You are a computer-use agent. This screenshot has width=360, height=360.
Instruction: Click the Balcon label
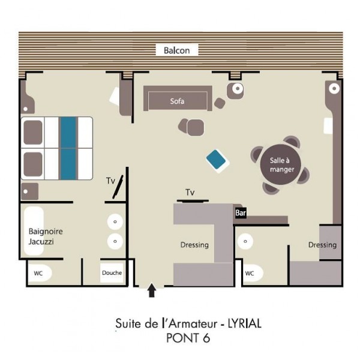click(x=176, y=50)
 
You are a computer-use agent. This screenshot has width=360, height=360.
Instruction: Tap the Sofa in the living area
click(x=178, y=98)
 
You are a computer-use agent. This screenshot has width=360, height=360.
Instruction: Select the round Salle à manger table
click(x=280, y=164)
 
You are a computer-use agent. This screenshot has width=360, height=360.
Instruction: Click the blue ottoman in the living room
click(x=217, y=161)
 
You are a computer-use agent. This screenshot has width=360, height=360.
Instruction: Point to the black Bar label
click(x=241, y=213)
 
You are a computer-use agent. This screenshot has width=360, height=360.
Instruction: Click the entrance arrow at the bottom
click(x=152, y=290)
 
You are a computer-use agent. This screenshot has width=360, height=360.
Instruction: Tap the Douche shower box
click(x=112, y=273)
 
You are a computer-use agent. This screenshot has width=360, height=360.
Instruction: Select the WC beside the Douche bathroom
click(x=40, y=273)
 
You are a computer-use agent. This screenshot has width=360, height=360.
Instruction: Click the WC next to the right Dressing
click(x=252, y=273)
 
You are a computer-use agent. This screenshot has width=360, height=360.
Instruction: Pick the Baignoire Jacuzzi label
click(x=46, y=236)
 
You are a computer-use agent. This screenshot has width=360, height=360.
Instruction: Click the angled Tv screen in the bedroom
click(x=118, y=187)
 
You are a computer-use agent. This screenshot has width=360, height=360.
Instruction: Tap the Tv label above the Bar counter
click(x=190, y=192)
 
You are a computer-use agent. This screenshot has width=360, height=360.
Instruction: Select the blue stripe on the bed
click(x=68, y=148)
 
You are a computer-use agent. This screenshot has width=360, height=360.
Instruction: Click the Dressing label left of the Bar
click(x=194, y=245)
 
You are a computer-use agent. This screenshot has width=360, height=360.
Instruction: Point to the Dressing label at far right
click(x=322, y=245)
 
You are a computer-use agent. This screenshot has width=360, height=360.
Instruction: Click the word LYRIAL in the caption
click(x=244, y=324)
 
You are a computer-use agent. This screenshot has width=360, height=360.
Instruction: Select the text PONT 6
click(x=188, y=338)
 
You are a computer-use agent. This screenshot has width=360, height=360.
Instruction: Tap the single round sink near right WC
click(x=245, y=241)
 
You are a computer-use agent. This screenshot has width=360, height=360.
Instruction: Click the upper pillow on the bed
click(x=33, y=133)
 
